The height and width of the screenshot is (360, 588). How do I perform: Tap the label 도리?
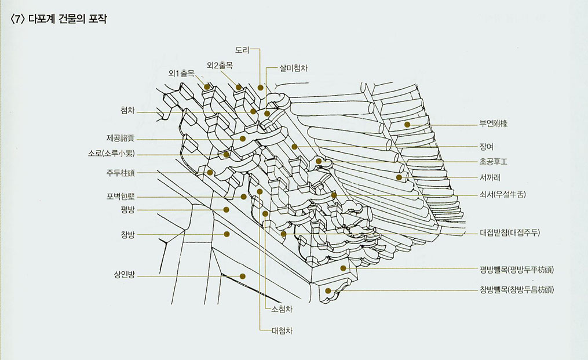pos(242,50)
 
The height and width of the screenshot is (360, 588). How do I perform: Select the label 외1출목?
pos(181,74)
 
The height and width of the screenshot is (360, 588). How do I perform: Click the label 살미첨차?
pos(293,68)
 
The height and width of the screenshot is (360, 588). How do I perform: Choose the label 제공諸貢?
pos(120,139)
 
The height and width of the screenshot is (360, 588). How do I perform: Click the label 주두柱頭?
pos(119,172)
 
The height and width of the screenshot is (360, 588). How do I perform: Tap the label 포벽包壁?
pos(119,196)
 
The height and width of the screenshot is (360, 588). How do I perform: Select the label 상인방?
pos(124,275)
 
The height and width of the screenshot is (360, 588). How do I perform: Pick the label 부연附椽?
pos(493,124)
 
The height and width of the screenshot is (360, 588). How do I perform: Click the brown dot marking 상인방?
pos(243,277)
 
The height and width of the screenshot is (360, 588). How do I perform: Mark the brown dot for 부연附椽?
pos(407,125)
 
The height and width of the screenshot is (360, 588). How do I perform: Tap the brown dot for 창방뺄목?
pos(328,290)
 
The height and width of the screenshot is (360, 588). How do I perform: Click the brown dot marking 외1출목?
pos(207,87)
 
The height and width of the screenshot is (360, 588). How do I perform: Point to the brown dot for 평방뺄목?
pos(344,268)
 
